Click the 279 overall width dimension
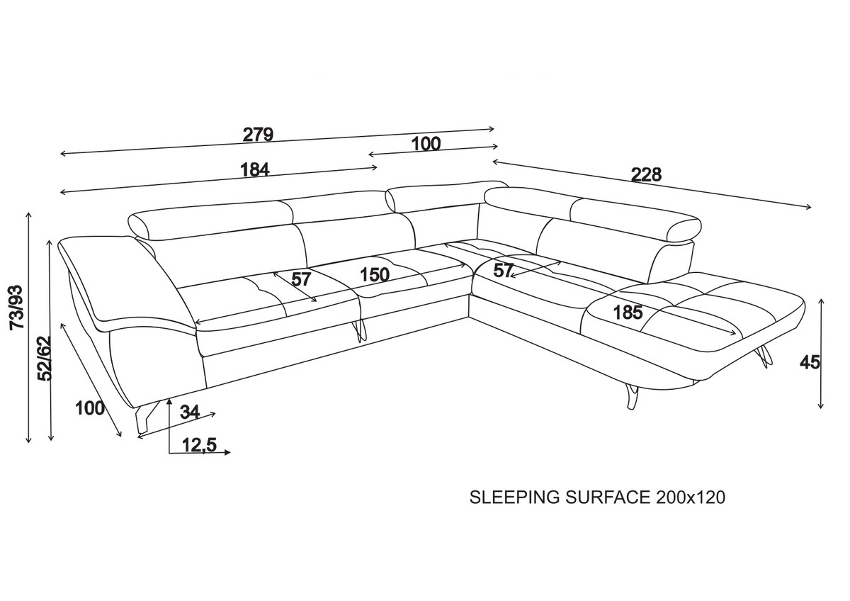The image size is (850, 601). click(258, 134)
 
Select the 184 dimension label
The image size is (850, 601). click(255, 170)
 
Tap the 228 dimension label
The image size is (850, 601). click(645, 174)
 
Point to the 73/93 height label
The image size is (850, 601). click(16, 306)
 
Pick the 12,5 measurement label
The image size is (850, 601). click(199, 445)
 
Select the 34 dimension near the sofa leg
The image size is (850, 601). click(189, 411)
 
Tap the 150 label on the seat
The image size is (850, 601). click(374, 274)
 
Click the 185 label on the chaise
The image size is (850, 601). click(628, 312)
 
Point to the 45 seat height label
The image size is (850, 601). click(810, 362)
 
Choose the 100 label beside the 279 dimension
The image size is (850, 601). click(426, 144)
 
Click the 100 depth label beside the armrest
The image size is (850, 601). click(89, 408)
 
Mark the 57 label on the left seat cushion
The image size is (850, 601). click(302, 279)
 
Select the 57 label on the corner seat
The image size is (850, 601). click(504, 270)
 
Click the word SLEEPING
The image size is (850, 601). click(515, 498)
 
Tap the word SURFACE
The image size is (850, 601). click(607, 498)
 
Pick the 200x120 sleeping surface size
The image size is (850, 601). click(690, 498)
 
